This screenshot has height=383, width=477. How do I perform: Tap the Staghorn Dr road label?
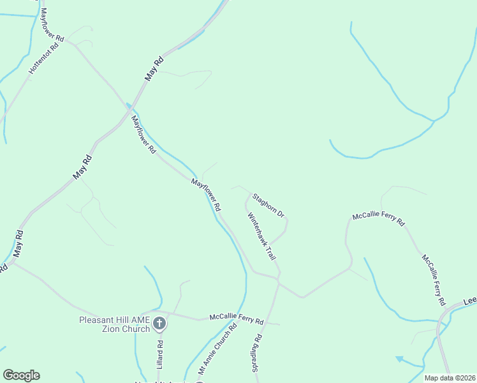268,204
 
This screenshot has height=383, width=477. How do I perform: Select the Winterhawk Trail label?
262,236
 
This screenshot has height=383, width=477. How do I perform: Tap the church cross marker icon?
159,324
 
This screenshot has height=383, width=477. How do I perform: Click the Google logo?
21,375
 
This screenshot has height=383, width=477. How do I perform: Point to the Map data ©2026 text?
449,378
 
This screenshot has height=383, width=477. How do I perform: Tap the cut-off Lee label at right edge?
469,300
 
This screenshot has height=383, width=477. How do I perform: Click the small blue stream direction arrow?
399,359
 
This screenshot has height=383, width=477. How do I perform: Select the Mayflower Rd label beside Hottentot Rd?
52,26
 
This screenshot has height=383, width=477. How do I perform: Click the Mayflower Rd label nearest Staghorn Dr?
207,195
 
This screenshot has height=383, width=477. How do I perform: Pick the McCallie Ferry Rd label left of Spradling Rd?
237,319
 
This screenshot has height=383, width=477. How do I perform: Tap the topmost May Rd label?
154,68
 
